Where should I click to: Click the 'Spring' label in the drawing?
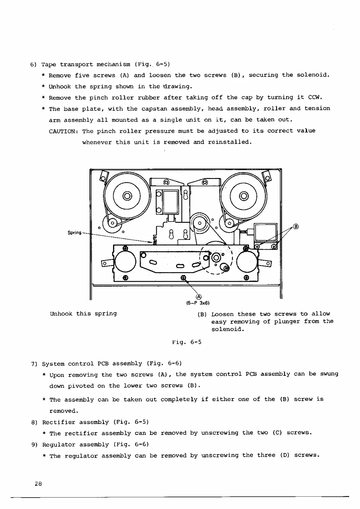click(74, 232)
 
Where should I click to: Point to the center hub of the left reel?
click(127, 196)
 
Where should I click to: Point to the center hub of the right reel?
click(244, 196)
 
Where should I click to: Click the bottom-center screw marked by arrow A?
click(183, 277)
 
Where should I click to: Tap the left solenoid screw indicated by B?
click(257, 247)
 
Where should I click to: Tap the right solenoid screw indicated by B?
click(274, 247)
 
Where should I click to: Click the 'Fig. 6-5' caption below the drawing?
click(187, 342)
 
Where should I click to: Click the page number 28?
click(38, 484)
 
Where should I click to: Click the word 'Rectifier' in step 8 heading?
click(59, 422)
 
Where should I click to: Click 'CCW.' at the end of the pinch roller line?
click(315, 97)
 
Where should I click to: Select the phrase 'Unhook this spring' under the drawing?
click(83, 313)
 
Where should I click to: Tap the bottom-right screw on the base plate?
click(247, 277)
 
